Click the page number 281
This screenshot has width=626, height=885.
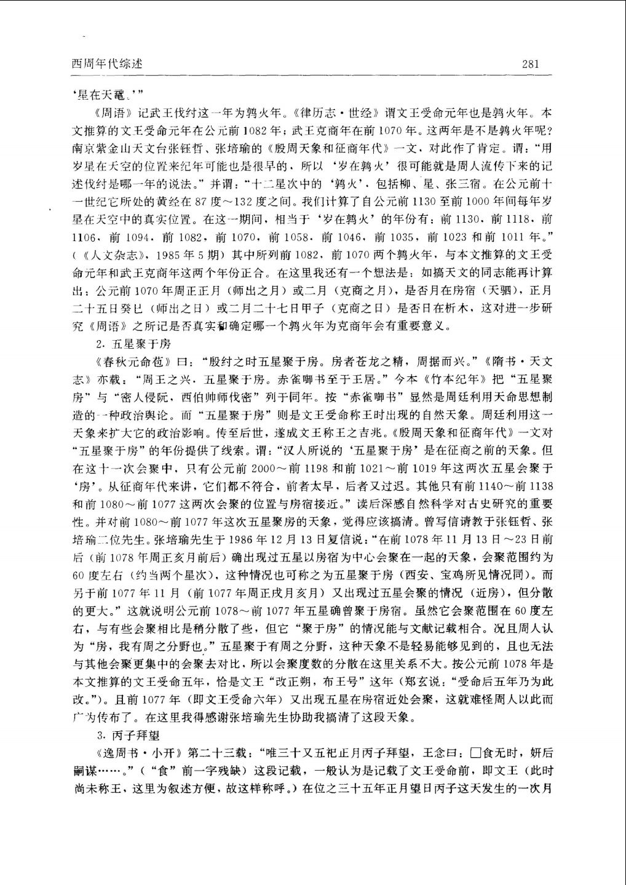[530, 63]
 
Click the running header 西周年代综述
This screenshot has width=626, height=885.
[107, 63]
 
